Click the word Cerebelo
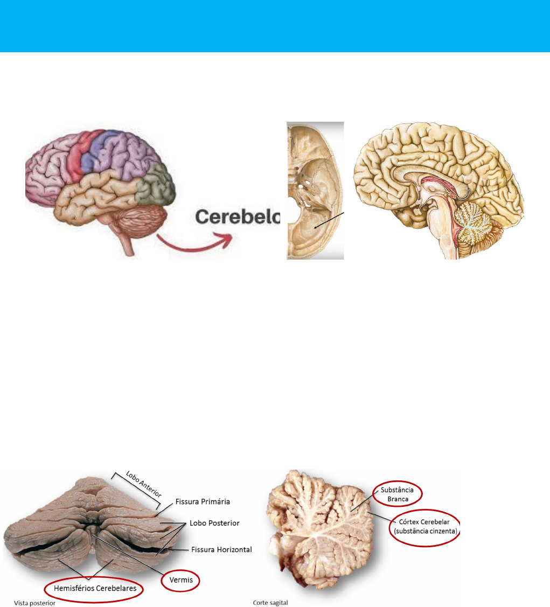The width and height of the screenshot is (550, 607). [x=238, y=217]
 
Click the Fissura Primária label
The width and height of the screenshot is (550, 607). [x=203, y=501]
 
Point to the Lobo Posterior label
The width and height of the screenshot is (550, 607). [x=214, y=523]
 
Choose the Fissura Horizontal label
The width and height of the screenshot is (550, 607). [x=221, y=549]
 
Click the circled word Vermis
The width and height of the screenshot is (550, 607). [x=181, y=581]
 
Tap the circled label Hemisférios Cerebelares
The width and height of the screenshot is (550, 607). [x=95, y=589]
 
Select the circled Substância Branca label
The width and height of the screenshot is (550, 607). [x=396, y=494]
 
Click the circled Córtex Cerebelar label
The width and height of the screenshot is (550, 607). [x=426, y=527]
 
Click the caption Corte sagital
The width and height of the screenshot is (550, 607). [x=270, y=603]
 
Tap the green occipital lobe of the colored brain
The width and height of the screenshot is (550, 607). [x=156, y=183]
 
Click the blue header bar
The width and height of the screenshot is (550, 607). [x=275, y=26]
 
